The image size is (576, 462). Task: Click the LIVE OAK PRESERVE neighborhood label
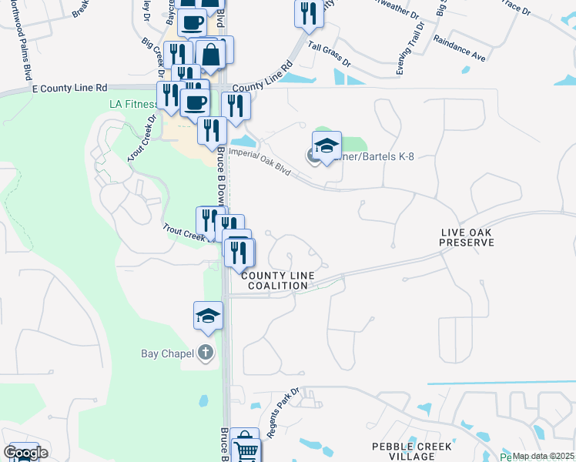(x=466, y=237)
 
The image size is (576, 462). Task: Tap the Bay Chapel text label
(x=166, y=353)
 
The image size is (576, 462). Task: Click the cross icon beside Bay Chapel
(x=205, y=353)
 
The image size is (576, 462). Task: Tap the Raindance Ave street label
(x=458, y=48)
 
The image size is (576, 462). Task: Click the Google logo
(x=25, y=452)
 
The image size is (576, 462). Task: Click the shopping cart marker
(x=244, y=444)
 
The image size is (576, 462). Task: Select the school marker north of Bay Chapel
(x=208, y=315)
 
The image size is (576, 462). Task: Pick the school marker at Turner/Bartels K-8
(x=327, y=146)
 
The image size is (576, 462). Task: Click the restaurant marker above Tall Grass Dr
(x=309, y=13)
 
